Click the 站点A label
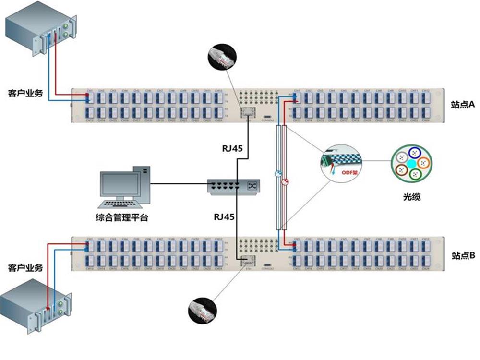[463, 104]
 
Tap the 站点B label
[463, 255]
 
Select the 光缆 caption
[412, 197]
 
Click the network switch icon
[234, 186]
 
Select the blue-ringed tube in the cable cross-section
[412, 153]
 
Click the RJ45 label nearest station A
[230, 148]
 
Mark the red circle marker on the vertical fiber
[284, 182]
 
